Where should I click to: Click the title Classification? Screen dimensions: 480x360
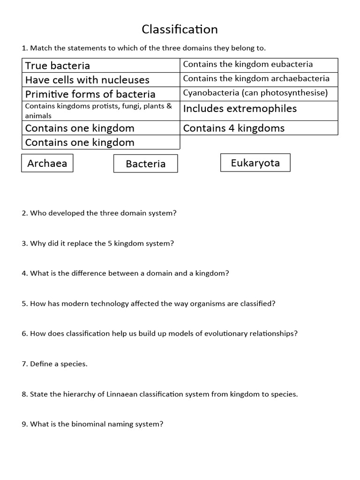(x=180, y=30)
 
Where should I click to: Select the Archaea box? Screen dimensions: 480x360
(x=47, y=163)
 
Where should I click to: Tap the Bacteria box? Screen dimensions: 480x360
(x=146, y=164)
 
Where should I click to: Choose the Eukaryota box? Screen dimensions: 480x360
(x=255, y=163)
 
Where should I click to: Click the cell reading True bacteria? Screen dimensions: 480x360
(x=101, y=66)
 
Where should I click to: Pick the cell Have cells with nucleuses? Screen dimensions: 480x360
(x=101, y=80)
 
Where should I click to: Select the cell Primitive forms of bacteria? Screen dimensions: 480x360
(x=101, y=94)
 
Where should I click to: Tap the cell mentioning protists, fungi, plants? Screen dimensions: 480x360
(x=101, y=111)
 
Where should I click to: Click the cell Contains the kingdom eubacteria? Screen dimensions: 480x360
(x=259, y=65)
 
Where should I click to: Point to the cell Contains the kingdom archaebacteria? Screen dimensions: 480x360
(x=259, y=79)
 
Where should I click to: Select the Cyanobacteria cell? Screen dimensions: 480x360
(x=259, y=93)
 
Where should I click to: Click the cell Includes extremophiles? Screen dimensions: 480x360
(x=259, y=109)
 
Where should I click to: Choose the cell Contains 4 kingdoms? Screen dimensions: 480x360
(x=259, y=128)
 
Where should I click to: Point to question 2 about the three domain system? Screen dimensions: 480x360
(x=99, y=213)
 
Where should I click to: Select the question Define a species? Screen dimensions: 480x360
(x=54, y=364)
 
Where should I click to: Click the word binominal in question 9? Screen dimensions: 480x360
(x=89, y=424)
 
